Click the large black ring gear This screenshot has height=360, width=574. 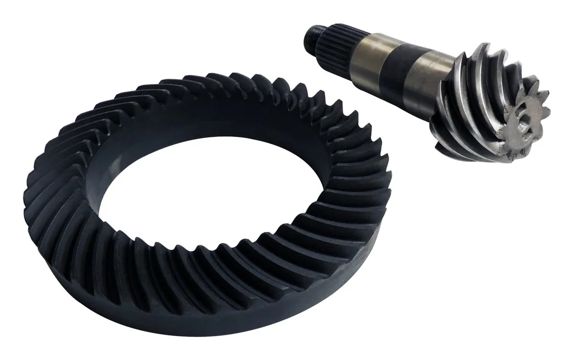96,239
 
